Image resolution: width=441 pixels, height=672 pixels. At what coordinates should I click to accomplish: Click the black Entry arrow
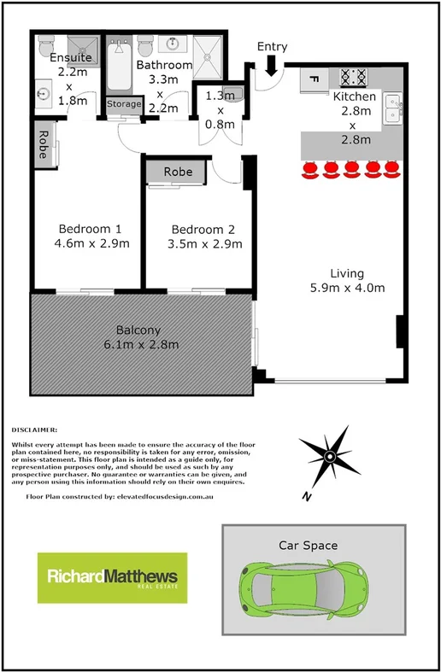[x=271, y=65]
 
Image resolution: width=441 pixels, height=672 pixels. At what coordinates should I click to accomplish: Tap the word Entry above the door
[x=272, y=46]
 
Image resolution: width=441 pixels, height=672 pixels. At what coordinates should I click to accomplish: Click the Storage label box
[x=124, y=104]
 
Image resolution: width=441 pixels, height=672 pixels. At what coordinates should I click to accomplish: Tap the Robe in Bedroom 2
[x=179, y=172]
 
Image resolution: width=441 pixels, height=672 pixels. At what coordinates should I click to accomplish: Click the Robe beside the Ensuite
[x=41, y=144]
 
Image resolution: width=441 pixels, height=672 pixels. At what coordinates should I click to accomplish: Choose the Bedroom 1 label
[x=91, y=229]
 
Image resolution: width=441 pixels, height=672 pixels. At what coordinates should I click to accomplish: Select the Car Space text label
[x=308, y=545]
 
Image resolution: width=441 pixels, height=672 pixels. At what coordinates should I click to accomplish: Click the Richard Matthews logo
[x=112, y=579]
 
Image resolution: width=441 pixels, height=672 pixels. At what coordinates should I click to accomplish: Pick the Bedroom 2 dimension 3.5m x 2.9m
[x=207, y=243]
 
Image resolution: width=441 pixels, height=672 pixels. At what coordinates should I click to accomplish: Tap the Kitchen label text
[x=354, y=96]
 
